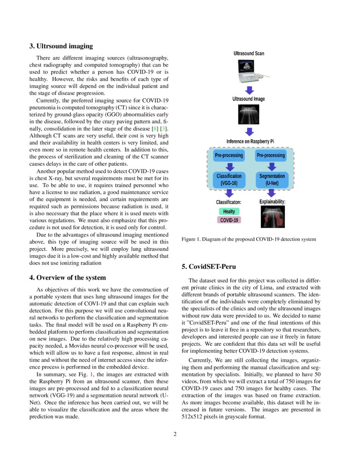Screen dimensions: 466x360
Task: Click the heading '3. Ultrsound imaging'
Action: coord(61,46)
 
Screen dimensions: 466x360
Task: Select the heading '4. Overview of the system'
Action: coord(68,277)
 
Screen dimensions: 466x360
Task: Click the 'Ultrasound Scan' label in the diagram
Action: coord(249,53)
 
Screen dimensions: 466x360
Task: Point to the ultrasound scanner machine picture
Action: coord(249,70)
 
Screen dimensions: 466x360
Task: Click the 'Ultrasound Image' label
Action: coord(249,99)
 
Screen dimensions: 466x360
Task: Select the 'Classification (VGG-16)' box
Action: coord(229,180)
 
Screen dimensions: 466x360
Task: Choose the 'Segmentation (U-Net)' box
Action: coord(271,180)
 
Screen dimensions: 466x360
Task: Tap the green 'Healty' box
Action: coord(229,211)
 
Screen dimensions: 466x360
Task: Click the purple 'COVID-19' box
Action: coord(229,220)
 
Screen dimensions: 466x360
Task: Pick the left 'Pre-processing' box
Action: coord(229,155)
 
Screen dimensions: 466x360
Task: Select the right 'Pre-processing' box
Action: coord(271,155)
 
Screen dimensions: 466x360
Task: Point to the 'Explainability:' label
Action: coord(272,202)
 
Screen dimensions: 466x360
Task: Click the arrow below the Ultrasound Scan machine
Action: coord(249,90)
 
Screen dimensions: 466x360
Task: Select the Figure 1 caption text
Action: coord(249,239)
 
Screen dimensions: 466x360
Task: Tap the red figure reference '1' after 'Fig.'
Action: coord(91,374)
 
